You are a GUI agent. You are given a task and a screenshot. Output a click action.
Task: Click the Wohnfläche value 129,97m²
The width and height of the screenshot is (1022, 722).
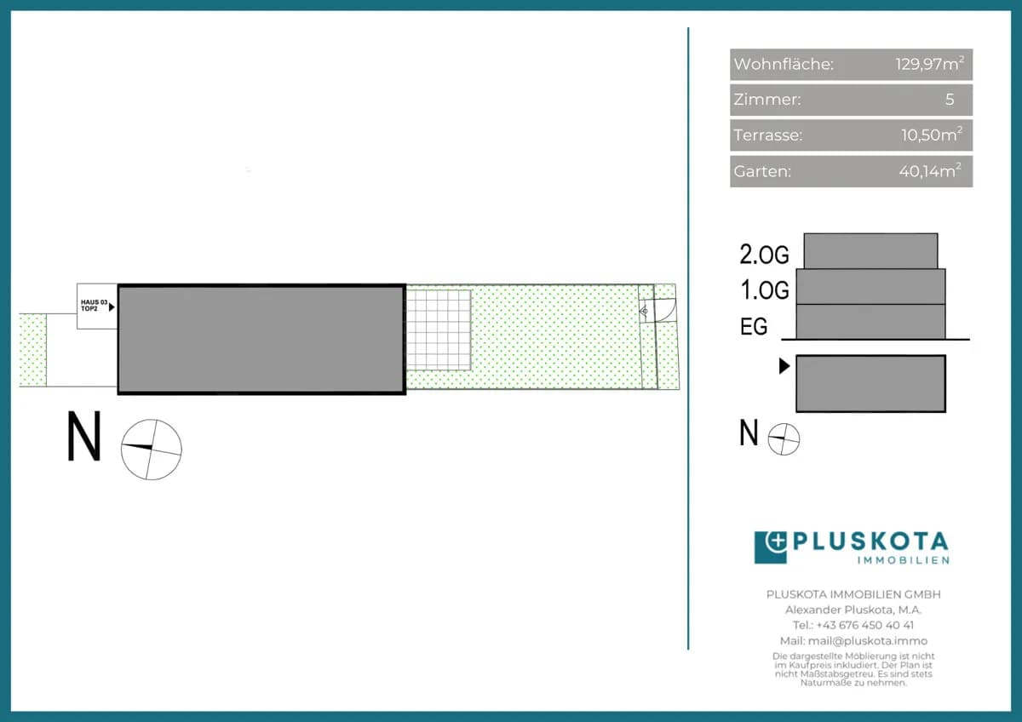pyautogui.click(x=930, y=63)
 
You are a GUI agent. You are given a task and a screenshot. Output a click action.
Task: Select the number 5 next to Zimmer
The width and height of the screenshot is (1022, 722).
pyautogui.click(x=950, y=100)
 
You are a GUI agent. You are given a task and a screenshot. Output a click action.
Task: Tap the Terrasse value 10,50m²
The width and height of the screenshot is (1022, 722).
pyautogui.click(x=932, y=135)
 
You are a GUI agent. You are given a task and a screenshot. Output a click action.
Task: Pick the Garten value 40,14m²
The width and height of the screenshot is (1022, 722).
pyautogui.click(x=930, y=170)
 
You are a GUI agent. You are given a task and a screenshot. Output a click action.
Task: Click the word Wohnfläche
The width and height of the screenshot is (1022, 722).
pyautogui.click(x=784, y=64)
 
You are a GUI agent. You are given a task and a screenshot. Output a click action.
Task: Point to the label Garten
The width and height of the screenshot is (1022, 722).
pyautogui.click(x=762, y=171)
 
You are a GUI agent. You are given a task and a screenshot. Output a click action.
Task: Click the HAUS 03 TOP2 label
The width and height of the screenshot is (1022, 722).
pyautogui.click(x=94, y=305)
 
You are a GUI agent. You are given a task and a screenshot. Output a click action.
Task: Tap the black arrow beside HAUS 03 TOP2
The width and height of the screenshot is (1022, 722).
pyautogui.click(x=112, y=307)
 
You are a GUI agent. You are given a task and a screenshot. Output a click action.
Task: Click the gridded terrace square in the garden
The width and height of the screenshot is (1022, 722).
pyautogui.click(x=439, y=330)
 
